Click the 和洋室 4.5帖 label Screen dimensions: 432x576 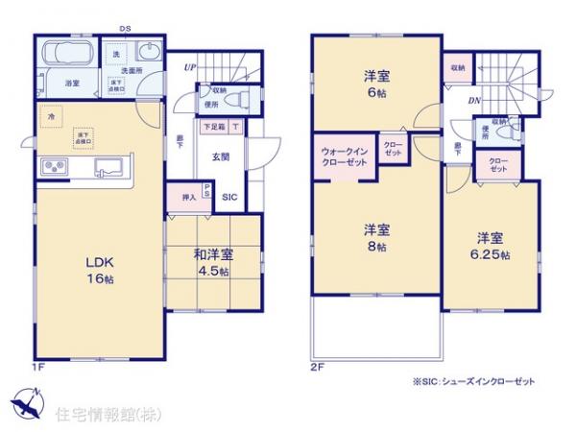click(212, 261)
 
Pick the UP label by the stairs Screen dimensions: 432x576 click(191, 68)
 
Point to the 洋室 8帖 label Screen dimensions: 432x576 click(376, 237)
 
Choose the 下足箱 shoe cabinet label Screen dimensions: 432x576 click(213, 126)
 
